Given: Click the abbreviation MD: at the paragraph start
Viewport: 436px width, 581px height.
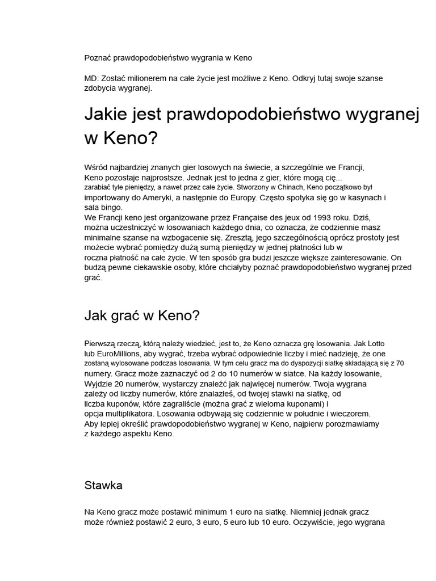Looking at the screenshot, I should point(91,78).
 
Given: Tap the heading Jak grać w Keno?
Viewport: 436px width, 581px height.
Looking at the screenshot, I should point(142,316).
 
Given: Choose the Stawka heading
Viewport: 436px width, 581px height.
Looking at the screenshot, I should point(103,486).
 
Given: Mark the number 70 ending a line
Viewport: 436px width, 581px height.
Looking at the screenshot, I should point(400,363).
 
